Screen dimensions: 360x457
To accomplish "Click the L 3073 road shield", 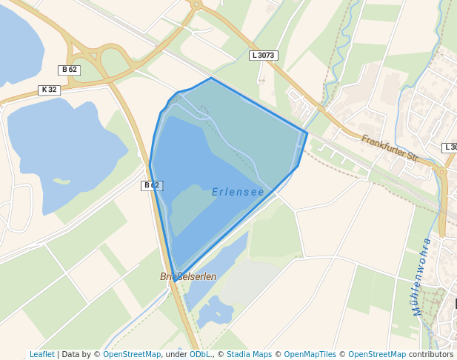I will pos(263,56).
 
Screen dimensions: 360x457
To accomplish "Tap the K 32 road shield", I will pos(49,90).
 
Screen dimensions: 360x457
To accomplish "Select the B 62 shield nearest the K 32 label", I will pos(70,70).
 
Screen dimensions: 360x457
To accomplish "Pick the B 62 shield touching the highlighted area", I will pos(152,185).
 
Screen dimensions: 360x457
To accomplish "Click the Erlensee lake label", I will pos(238,192).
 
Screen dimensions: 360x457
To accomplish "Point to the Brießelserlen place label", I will pos(188,276).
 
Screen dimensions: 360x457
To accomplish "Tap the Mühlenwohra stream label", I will pos(422,276).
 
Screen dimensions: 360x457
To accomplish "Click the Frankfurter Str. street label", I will pos(390,148).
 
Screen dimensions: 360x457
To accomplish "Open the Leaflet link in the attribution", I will pos(41,355).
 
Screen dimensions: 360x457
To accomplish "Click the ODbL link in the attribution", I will pos(199,355).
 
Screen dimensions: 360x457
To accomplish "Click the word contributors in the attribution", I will pos(431,355).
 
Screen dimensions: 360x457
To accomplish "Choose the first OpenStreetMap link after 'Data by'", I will pos(131,355).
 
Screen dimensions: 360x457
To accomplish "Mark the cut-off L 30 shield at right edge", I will pos(450,147).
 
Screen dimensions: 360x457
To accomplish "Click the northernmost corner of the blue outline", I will pos(211,78).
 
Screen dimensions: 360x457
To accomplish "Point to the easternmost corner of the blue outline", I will pos(307,133).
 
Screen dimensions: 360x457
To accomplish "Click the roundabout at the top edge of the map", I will pos(196,4).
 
